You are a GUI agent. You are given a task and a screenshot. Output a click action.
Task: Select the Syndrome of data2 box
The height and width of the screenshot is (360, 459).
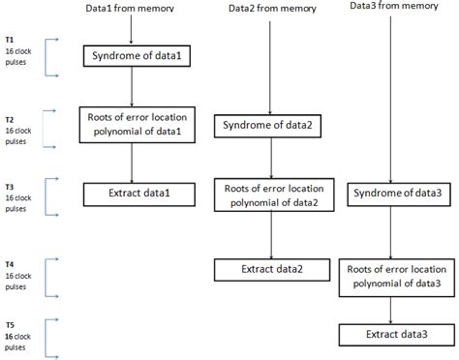click(x=265, y=126)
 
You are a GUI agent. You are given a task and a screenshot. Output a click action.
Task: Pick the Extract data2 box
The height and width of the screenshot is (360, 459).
click(x=265, y=270)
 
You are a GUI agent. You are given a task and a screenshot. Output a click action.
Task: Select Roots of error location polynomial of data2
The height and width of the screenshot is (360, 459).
click(x=265, y=195)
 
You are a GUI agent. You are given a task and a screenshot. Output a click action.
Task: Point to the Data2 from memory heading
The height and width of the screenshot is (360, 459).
click(x=266, y=9)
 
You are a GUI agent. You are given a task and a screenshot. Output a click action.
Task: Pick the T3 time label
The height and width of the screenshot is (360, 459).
click(x=10, y=184)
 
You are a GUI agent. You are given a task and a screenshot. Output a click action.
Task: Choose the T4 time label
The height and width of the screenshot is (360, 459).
click(x=10, y=262)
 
